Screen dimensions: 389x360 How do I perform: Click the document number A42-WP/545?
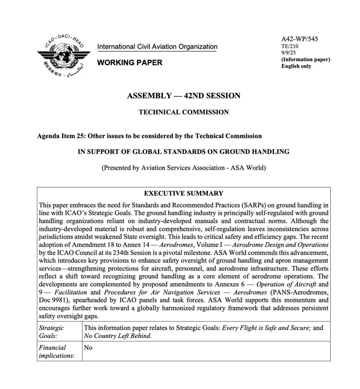pyautogui.click(x=300, y=39)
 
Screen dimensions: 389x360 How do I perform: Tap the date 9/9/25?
pyautogui.click(x=289, y=53)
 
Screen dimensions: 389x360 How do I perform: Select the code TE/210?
pyautogui.click(x=290, y=46)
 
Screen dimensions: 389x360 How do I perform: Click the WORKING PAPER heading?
pyautogui.click(x=130, y=63)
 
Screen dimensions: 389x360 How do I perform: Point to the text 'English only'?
pyautogui.click(x=296, y=66)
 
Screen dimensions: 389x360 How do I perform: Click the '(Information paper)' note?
pyautogui.click(x=306, y=59)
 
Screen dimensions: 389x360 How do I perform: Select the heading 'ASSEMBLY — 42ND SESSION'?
pyautogui.click(x=183, y=96)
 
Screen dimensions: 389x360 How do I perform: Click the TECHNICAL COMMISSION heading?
pyautogui.click(x=183, y=112)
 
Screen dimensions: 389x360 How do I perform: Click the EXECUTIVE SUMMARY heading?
pyautogui.click(x=183, y=193)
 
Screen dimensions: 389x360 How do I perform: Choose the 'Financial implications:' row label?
pyautogui.click(x=57, y=352)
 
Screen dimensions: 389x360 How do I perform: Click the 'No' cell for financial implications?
pyautogui.click(x=89, y=348)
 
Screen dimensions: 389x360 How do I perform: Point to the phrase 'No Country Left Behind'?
pyautogui.click(x=117, y=336)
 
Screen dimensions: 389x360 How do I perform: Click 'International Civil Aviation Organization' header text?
pyautogui.click(x=157, y=47)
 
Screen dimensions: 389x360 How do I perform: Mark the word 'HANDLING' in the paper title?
pyautogui.click(x=270, y=152)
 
